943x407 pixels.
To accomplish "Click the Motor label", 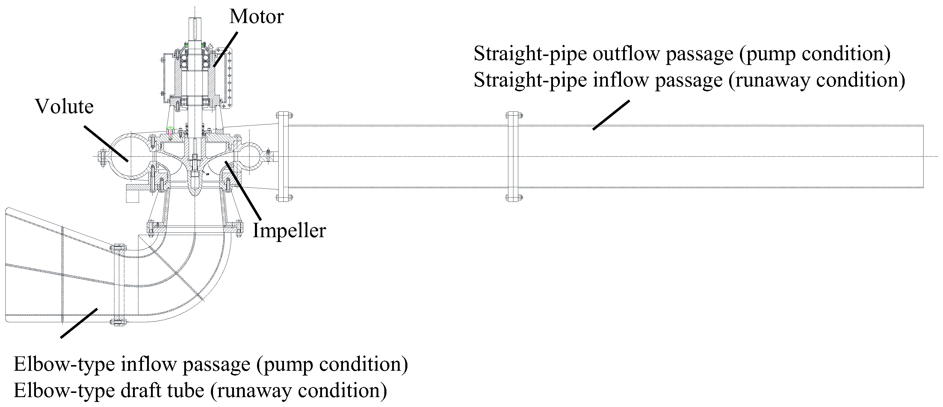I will click(x=256, y=17).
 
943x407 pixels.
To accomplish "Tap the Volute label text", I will click(x=64, y=107).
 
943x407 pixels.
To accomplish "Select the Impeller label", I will click(x=289, y=231).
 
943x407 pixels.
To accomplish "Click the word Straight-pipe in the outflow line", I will click(x=530, y=54).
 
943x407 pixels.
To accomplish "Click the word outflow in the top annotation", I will click(x=626, y=54).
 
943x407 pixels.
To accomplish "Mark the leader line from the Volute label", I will click(x=106, y=143).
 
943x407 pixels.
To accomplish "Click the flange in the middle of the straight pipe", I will click(x=514, y=157).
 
